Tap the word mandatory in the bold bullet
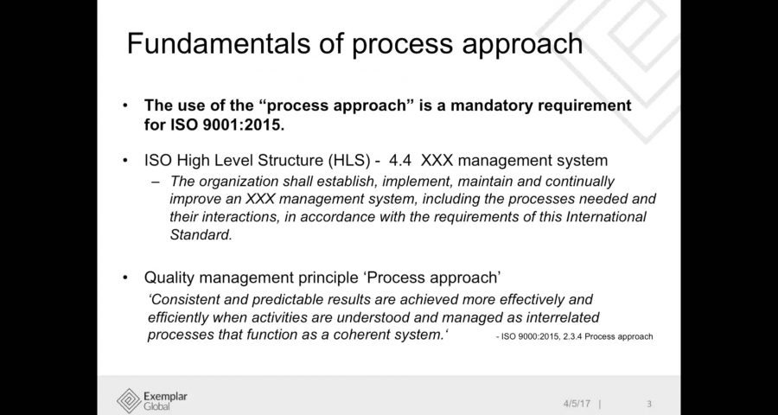(x=502, y=105)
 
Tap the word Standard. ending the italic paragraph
(x=201, y=235)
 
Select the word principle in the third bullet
(x=328, y=278)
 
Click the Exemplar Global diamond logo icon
(x=129, y=400)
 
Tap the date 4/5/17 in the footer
(x=577, y=404)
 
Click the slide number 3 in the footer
(x=649, y=404)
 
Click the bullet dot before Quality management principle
(x=125, y=278)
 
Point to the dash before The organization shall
(x=156, y=182)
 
